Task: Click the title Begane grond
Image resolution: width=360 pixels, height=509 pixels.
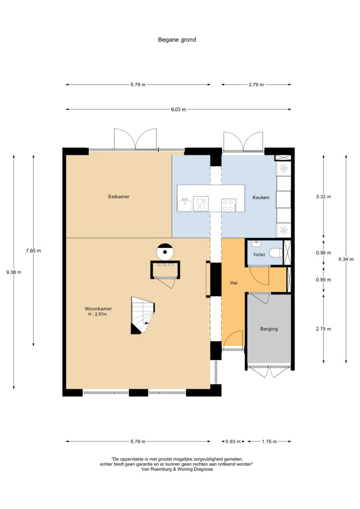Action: [177, 40]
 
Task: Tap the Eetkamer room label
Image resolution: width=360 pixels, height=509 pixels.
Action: [119, 197]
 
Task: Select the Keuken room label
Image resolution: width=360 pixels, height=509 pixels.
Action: [261, 197]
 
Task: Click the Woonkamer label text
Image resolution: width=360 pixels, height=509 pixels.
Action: [98, 309]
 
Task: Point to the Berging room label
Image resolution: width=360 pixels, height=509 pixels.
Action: [269, 329]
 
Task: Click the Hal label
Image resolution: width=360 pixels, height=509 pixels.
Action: [234, 283]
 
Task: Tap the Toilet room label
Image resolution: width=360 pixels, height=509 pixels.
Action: [259, 255]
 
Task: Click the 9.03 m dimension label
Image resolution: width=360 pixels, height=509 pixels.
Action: [179, 110]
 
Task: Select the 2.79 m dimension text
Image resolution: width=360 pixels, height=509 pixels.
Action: [256, 85]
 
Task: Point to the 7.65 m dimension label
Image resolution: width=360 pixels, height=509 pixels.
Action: [33, 251]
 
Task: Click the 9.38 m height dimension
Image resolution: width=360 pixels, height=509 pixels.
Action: [13, 272]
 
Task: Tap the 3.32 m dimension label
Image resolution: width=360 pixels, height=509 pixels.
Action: [323, 197]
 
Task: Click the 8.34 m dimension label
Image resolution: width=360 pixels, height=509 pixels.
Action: [346, 259]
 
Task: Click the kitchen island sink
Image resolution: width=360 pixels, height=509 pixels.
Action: [184, 204]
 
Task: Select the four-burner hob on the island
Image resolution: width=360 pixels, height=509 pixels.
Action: [229, 205]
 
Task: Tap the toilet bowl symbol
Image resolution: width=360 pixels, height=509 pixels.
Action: [275, 253]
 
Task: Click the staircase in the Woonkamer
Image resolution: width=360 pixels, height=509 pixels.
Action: [143, 315]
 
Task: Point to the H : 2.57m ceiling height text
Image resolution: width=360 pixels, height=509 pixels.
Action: [97, 314]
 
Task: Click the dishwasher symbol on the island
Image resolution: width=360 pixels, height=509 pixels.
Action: [200, 204]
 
